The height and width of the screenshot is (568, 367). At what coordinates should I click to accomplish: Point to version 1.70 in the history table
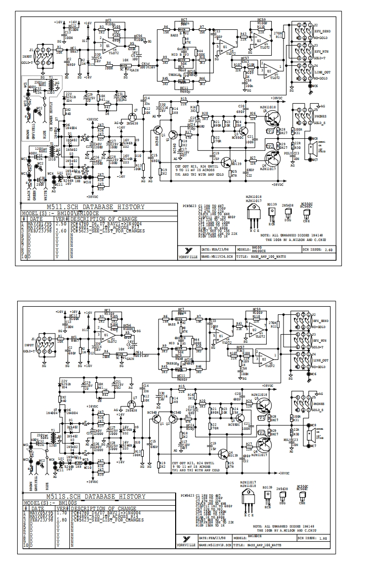pyautogui.click(x=61, y=512)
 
